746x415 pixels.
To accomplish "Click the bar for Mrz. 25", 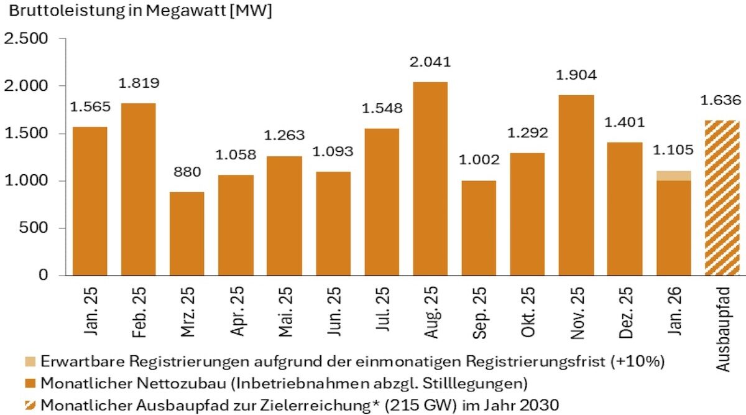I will pos(186,233).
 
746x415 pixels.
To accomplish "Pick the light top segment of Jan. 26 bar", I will pos(673,175).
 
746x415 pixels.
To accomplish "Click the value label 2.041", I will pos(430,62).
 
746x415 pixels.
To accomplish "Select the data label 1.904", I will pos(576,75).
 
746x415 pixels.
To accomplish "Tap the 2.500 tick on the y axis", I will pos(26,39).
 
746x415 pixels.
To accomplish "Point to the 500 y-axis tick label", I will pos(35,228).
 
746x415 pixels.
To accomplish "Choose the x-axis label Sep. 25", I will pos(479,312).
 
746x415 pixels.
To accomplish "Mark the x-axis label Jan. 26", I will pos(674,312).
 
